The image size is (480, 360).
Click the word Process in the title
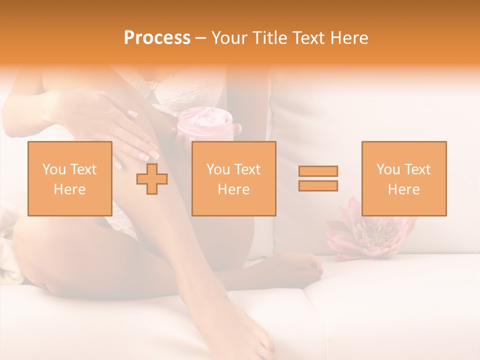click(157, 37)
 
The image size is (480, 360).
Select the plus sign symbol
click(152, 178)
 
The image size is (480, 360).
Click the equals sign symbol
click(318, 178)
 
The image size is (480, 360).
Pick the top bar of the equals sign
click(318, 171)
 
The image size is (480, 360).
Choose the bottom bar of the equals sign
click(318, 186)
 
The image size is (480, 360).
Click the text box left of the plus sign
click(69, 178)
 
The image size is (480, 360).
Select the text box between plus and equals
click(233, 178)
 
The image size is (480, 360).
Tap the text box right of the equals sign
click(403, 178)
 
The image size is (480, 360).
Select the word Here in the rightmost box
click(403, 189)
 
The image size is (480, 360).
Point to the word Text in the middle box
click(247, 169)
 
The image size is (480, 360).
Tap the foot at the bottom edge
click(250, 330)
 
